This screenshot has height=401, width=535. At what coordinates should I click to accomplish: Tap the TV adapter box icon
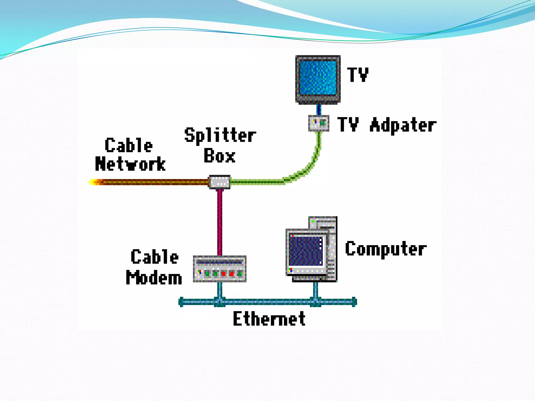click(x=318, y=123)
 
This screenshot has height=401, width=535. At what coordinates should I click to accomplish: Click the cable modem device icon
click(x=219, y=269)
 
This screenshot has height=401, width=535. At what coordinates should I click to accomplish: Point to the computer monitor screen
click(x=305, y=251)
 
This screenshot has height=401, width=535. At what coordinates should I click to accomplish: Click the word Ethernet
click(x=269, y=319)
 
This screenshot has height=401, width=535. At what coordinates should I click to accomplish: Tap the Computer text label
click(x=386, y=249)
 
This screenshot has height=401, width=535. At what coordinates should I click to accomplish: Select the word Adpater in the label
click(x=403, y=125)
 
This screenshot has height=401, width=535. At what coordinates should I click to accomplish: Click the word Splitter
click(x=220, y=135)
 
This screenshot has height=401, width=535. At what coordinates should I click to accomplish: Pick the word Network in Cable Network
click(x=130, y=164)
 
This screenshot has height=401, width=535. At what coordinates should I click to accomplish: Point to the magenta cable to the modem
click(x=220, y=222)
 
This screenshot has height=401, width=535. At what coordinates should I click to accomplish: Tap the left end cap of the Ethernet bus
click(x=181, y=302)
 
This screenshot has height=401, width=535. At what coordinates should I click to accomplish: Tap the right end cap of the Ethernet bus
click(x=354, y=302)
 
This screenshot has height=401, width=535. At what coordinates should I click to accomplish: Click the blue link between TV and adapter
click(x=318, y=109)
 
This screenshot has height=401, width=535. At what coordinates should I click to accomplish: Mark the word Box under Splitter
click(x=219, y=156)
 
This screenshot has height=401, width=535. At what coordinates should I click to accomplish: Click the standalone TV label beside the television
click(x=358, y=75)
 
